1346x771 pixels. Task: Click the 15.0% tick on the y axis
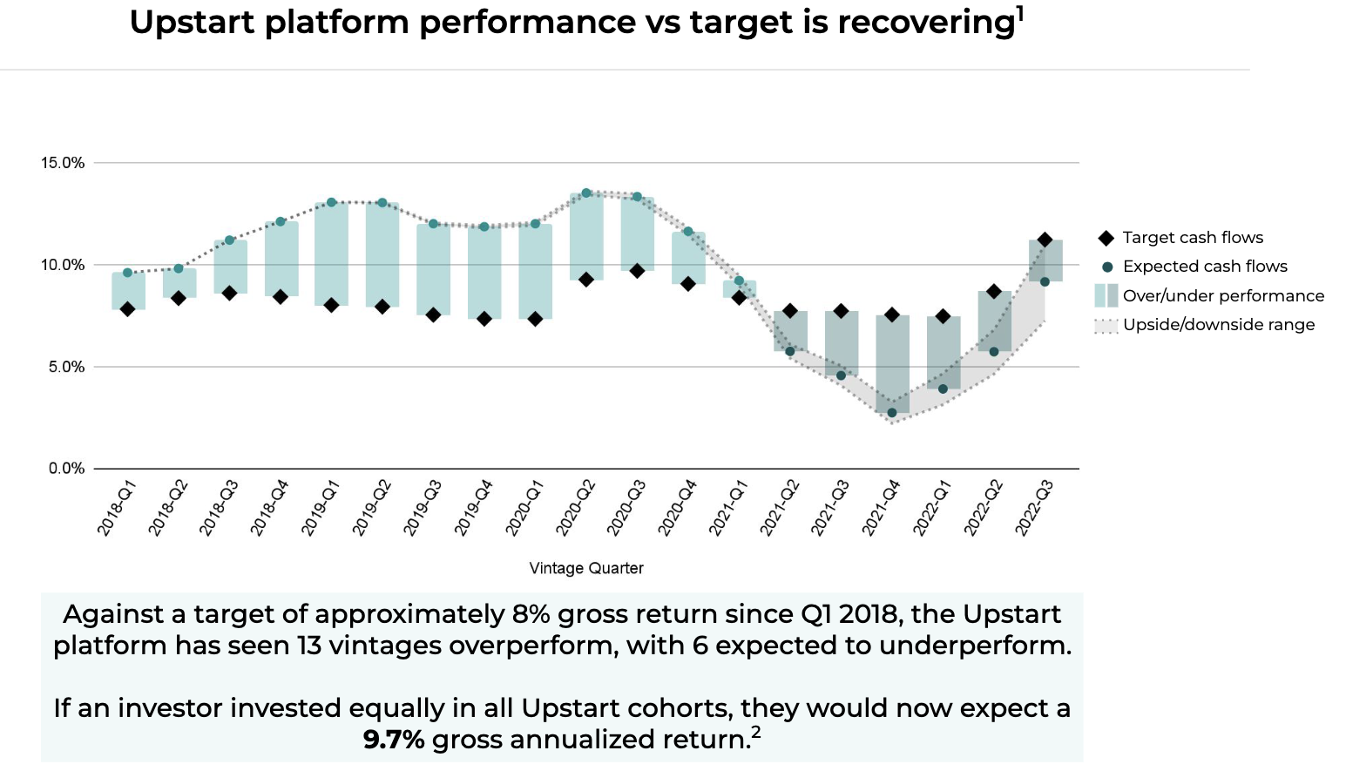coord(63,163)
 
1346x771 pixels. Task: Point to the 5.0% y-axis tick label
coord(66,367)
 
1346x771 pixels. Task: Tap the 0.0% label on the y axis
coord(66,469)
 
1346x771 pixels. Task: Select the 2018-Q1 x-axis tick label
coord(116,508)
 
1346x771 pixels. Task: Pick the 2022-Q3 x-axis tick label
coord(1033,508)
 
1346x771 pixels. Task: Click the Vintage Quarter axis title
coord(586,568)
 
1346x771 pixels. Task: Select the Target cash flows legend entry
coord(1192,238)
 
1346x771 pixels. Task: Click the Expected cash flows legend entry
coord(1204,267)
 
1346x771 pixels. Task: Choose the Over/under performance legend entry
coord(1222,296)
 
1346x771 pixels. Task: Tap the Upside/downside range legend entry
coord(1218,325)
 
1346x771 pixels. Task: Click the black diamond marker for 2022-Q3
coord(1045,240)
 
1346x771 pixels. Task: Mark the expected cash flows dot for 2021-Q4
coord(891,413)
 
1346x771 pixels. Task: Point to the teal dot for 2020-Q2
coord(586,193)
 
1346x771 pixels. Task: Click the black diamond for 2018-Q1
coord(127,309)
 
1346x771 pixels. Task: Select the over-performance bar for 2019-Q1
coord(331,253)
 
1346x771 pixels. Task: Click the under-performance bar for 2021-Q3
coord(841,343)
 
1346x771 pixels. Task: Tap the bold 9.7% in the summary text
coord(394,740)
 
